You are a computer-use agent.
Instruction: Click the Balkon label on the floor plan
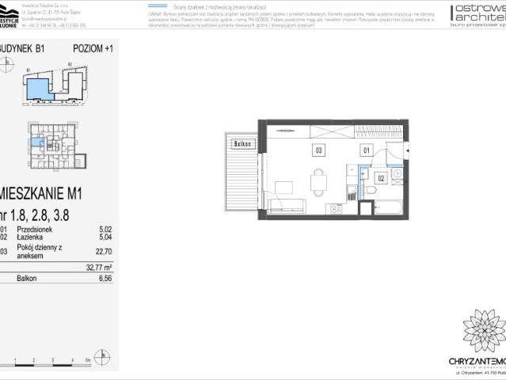click(242, 144)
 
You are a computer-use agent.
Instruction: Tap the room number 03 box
click(318, 149)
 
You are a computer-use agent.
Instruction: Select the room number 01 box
click(366, 149)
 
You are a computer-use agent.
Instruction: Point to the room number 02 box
click(380, 179)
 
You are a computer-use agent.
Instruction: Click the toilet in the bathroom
click(371, 190)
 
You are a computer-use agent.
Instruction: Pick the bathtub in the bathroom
click(389, 208)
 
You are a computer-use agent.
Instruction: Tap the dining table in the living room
click(319, 183)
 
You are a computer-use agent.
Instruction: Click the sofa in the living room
click(287, 205)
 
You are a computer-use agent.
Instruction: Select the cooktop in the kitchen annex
click(335, 208)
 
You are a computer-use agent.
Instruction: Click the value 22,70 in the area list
click(104, 253)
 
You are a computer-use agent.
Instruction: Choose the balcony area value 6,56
click(104, 279)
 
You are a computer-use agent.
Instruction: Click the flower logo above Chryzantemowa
click(483, 330)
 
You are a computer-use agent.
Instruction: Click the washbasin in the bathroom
click(395, 173)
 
